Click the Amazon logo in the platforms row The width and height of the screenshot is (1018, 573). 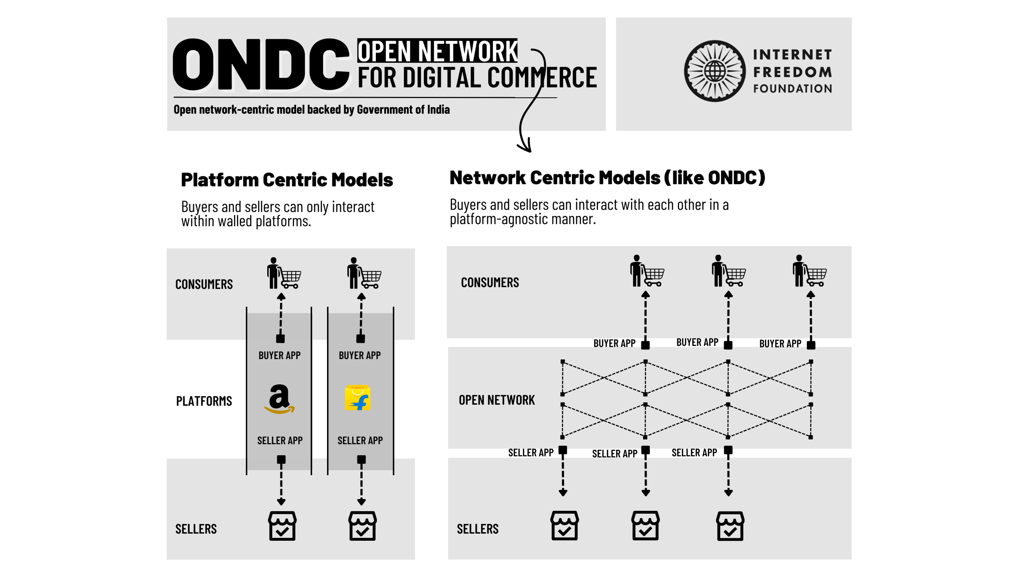279,399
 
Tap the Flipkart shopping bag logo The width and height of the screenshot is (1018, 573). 358,398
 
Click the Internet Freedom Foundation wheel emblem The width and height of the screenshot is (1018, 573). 715,71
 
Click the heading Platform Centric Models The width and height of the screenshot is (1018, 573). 287,180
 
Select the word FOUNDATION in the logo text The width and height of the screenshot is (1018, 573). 792,89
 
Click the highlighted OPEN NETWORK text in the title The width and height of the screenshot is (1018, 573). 437,51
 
